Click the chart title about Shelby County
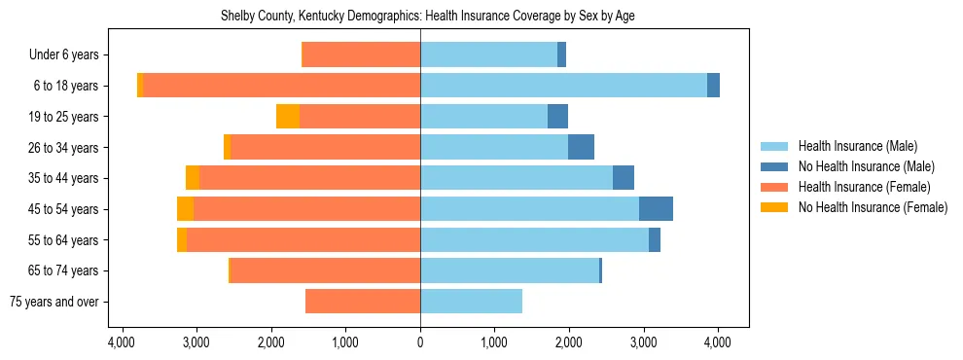[x=420, y=17]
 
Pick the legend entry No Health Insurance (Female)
[x=873, y=207]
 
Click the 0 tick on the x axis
[x=420, y=342]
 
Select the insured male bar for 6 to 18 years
[x=563, y=86]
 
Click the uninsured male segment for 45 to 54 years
[x=656, y=209]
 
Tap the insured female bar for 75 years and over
[x=363, y=302]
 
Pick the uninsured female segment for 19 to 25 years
[x=288, y=117]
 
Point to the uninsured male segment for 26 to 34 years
[x=581, y=148]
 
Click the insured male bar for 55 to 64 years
[x=534, y=240]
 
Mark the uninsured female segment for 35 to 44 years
[x=193, y=178]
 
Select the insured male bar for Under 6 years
[x=488, y=55]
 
